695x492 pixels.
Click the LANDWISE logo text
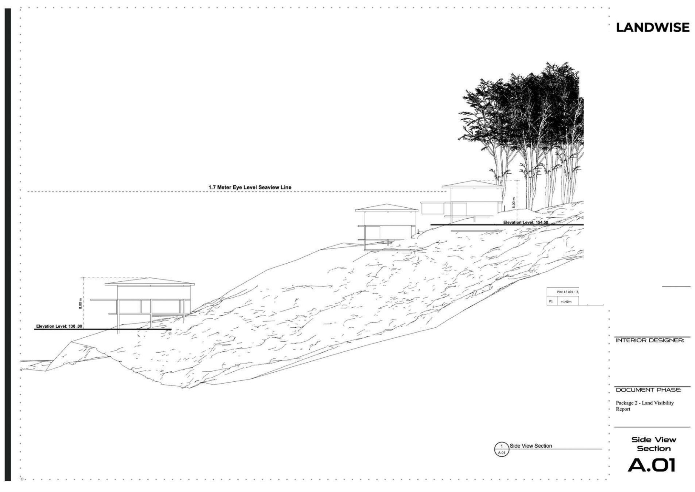(x=652, y=27)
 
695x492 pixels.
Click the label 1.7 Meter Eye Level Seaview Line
(x=250, y=187)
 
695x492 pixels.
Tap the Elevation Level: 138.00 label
(x=59, y=326)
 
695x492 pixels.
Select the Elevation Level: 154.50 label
(x=526, y=223)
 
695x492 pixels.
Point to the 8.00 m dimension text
(x=80, y=303)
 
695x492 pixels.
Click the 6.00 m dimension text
(x=514, y=202)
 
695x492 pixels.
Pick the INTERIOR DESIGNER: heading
(x=650, y=341)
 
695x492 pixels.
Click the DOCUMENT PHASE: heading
(x=648, y=390)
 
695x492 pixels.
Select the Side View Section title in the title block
(x=654, y=444)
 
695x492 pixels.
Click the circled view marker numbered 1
(x=501, y=449)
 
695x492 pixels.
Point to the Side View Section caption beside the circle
(x=531, y=446)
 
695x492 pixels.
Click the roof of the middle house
(x=387, y=208)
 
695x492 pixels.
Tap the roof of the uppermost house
(x=473, y=184)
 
